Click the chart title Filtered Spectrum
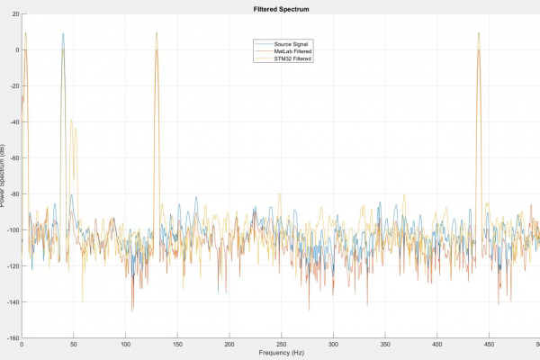tap(280, 8)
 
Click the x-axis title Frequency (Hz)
tap(280, 354)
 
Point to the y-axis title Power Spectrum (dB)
tap(4, 175)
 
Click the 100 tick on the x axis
tap(125, 345)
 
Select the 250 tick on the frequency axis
tap(281, 345)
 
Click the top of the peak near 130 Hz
tap(157, 34)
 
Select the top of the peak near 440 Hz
tap(478, 34)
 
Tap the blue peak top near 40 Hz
tap(63, 34)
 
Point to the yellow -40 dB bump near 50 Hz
tap(72, 121)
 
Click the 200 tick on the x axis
tap(229, 345)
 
